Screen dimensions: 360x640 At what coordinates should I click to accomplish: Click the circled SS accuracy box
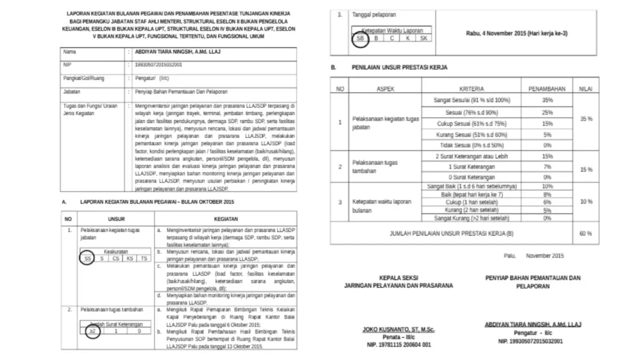tap(87, 257)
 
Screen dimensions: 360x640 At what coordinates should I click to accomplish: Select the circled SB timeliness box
tap(359, 37)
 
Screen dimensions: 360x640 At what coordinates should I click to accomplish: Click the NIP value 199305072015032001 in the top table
tap(162, 64)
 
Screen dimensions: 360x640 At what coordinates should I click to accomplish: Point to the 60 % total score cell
tap(586, 233)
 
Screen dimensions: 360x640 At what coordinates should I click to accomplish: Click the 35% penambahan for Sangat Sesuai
tap(547, 100)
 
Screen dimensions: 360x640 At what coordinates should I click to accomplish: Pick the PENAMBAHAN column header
tap(547, 89)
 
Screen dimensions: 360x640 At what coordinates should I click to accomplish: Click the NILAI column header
tap(586, 89)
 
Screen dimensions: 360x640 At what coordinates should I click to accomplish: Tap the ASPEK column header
tap(386, 89)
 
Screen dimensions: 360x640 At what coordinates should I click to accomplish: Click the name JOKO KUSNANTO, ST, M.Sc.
tap(398, 329)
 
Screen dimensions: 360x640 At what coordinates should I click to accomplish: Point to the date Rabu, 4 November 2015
tap(516, 33)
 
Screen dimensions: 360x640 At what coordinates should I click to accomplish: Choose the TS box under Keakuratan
tap(144, 257)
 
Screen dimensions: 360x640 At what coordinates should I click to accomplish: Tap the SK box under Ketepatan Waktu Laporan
tap(424, 37)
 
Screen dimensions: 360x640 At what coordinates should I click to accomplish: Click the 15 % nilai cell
tap(586, 169)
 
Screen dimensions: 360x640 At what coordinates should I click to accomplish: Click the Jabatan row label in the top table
tap(72, 91)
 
